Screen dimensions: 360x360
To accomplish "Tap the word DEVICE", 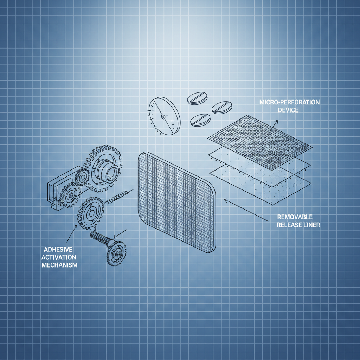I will click(x=288, y=110).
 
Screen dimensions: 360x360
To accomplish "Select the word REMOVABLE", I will click(x=295, y=217).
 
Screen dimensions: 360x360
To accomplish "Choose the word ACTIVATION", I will click(x=59, y=257).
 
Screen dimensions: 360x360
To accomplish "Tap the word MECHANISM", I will click(x=59, y=265).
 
